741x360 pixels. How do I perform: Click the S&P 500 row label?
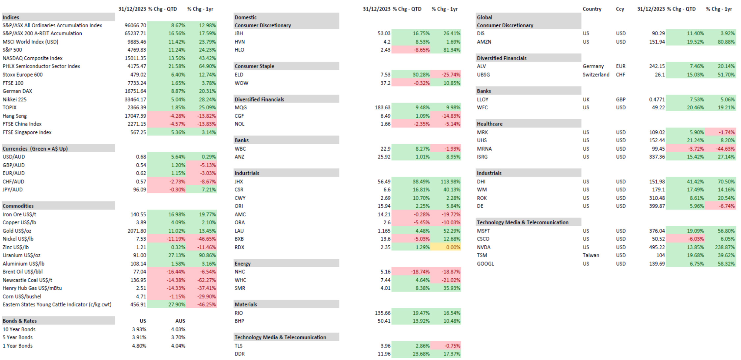tap(13, 50)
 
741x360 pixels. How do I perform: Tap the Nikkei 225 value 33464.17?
tap(135, 99)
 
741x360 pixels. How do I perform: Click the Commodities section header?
tap(18, 206)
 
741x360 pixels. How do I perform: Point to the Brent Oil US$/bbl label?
tap(23, 272)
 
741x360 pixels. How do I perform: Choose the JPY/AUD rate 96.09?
tap(139, 190)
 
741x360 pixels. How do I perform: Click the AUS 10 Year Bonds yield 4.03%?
tap(178, 329)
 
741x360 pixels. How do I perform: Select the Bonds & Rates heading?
tap(20, 321)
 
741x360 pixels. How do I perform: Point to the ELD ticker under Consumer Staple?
tap(239, 75)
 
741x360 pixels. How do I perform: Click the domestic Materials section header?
tap(246, 304)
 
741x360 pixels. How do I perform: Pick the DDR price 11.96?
tap(384, 354)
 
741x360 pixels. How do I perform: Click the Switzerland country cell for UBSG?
tap(596, 75)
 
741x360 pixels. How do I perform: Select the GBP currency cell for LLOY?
tap(620, 99)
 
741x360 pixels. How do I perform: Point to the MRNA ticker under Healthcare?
tap(484, 149)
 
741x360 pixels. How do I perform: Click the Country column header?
tap(592, 9)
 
